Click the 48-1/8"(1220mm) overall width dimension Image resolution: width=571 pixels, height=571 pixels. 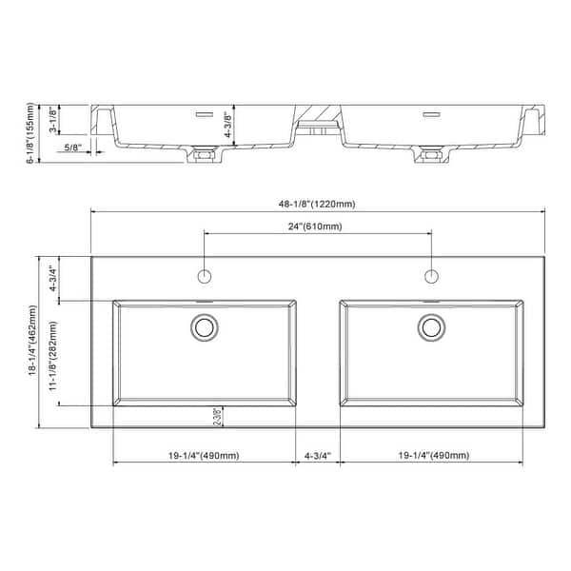(x=320, y=205)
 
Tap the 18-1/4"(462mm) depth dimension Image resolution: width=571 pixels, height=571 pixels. (x=33, y=343)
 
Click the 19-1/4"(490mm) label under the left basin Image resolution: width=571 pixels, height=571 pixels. (x=204, y=456)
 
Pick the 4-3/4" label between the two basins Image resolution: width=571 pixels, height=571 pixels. (x=316, y=456)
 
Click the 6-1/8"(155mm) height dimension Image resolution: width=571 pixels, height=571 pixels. (x=31, y=133)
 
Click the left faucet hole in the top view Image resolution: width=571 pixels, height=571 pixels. (x=204, y=276)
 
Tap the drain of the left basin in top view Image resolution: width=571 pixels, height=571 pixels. (x=204, y=327)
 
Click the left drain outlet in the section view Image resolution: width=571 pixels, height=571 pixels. (x=202, y=154)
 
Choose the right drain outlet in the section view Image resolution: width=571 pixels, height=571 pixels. (x=429, y=154)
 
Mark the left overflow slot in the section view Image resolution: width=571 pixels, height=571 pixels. (x=203, y=114)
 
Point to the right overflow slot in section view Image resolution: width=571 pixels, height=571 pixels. (x=430, y=114)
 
